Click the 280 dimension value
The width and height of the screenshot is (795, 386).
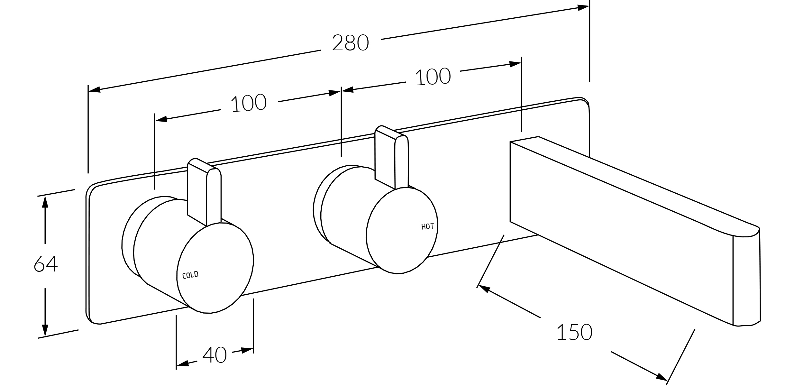[x=350, y=43]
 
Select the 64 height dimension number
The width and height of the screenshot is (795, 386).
[x=46, y=264]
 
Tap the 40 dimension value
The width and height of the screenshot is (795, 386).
[x=215, y=355]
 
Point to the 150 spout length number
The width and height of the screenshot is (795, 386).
[x=574, y=332]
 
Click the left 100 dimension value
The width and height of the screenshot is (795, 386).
[x=249, y=103]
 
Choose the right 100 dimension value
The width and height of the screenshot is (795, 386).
[x=433, y=77]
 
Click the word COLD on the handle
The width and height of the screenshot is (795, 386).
[x=190, y=275]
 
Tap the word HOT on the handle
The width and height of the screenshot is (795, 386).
[x=427, y=227]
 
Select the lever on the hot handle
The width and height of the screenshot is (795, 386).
[x=392, y=157]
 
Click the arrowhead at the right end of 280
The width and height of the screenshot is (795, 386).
[x=583, y=7]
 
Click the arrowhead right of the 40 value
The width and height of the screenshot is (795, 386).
[x=247, y=350]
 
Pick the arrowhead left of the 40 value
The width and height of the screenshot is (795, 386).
[x=182, y=363]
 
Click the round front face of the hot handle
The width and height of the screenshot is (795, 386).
[x=402, y=231]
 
